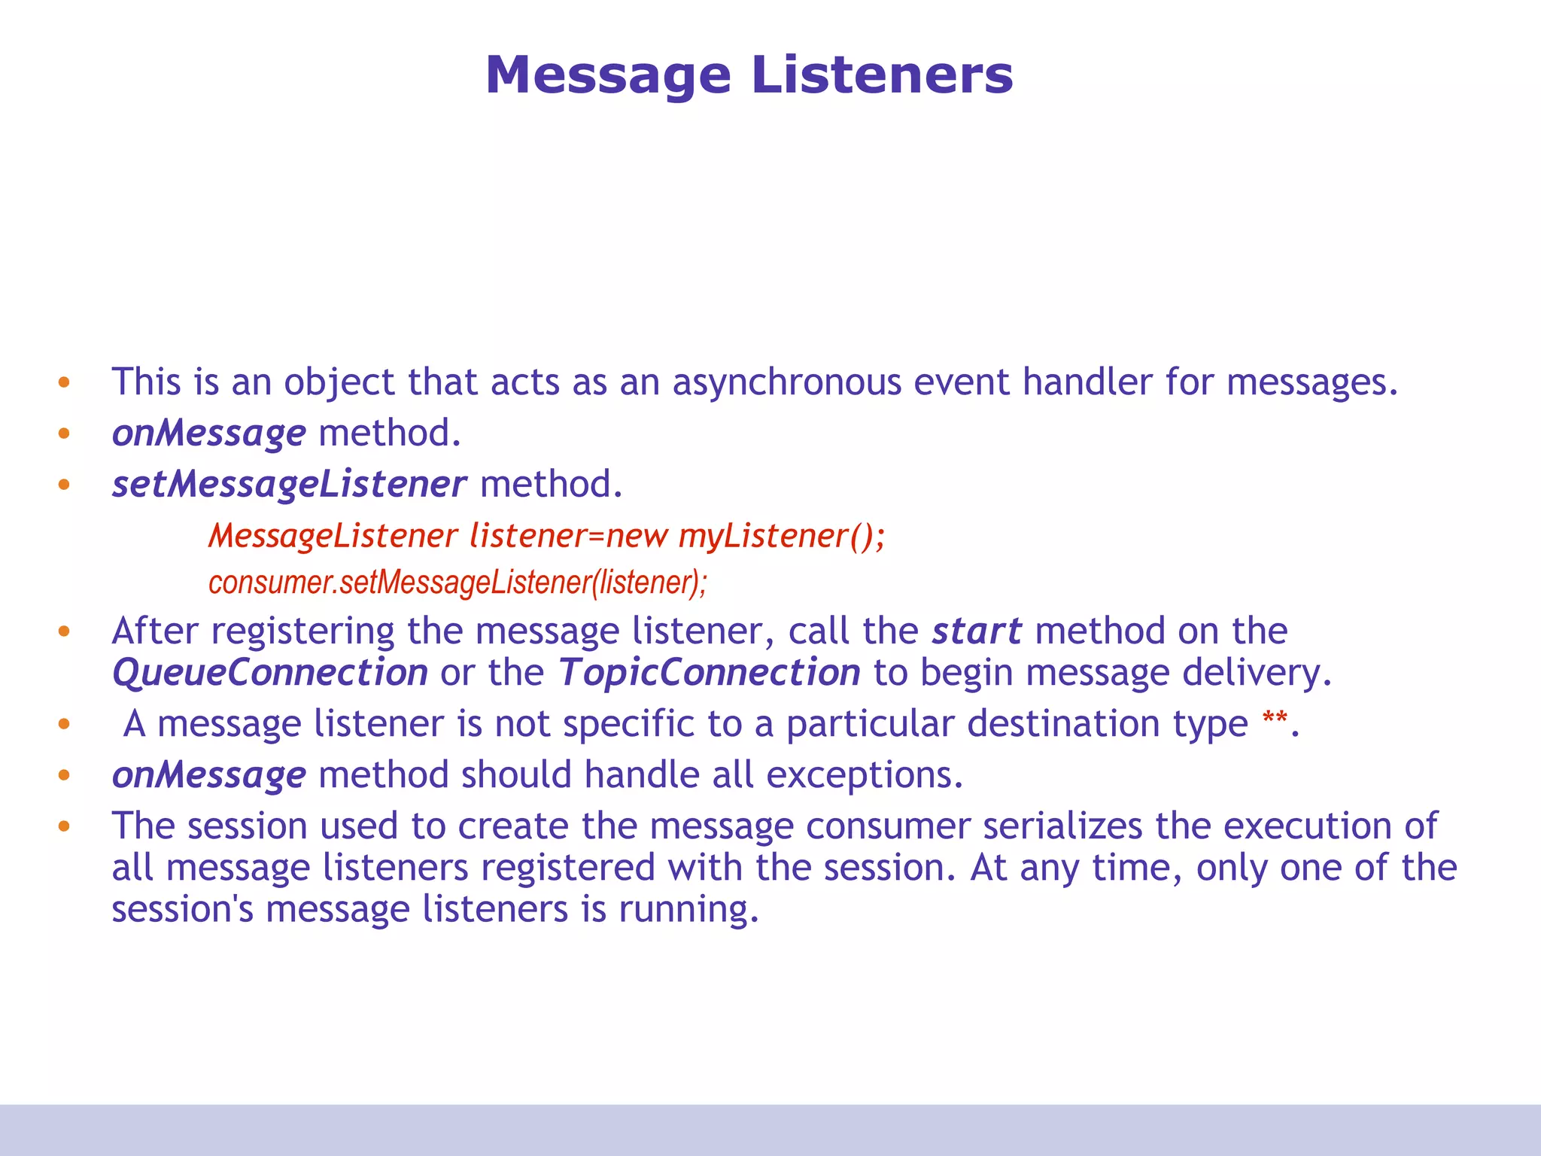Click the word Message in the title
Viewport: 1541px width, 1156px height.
pos(608,77)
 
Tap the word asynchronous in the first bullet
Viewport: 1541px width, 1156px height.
pos(786,382)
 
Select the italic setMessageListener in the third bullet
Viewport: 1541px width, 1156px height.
pos(289,484)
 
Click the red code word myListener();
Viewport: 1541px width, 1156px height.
pos(782,536)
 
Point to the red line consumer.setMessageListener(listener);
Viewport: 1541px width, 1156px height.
pos(457,583)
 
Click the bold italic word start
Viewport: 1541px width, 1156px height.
pos(976,631)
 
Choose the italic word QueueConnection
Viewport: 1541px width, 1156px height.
pos(269,672)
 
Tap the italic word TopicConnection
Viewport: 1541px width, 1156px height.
pos(709,672)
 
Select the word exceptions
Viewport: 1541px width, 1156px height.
pos(864,775)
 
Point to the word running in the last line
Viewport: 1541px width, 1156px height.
pos(688,910)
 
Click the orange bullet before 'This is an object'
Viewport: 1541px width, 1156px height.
pos(64,382)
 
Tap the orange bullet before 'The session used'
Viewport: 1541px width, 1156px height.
pos(64,826)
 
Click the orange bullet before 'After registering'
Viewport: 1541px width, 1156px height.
pos(64,631)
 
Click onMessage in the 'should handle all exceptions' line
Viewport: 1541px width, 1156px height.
pos(208,775)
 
